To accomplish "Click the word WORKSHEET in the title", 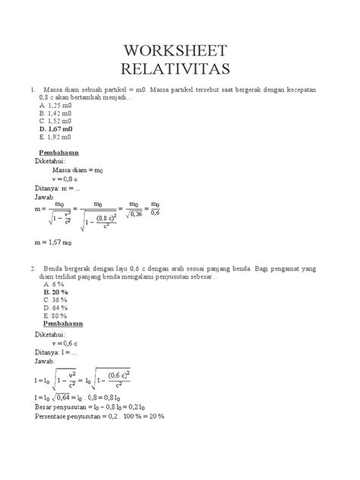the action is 180,52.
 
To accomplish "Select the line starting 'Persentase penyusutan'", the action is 99,416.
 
